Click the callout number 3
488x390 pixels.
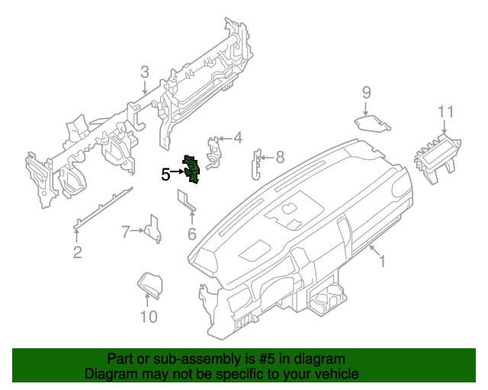tap(144, 73)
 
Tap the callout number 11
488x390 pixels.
tap(446, 112)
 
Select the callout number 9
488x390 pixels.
tap(366, 92)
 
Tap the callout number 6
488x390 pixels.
tap(191, 233)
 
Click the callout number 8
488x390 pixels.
tap(279, 158)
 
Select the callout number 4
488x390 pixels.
tap(237, 138)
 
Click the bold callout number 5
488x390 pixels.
tap(166, 174)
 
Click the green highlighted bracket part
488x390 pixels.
tap(191, 169)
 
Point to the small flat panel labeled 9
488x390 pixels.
tap(371, 123)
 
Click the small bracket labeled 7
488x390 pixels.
tap(154, 229)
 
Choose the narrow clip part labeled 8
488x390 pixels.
tap(257, 163)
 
